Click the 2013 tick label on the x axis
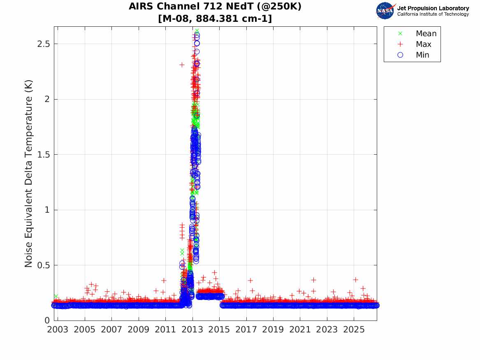click(192, 330)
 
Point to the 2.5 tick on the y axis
click(43, 44)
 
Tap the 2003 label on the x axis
click(58, 330)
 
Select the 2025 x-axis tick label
click(354, 330)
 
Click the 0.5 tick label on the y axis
click(43, 265)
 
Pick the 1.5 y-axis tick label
click(43, 155)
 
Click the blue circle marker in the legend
click(400, 55)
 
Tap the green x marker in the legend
click(400, 33)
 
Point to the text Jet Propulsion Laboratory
click(433, 8)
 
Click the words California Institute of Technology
click(433, 14)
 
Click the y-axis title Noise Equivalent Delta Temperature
click(28, 174)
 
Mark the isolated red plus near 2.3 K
click(182, 65)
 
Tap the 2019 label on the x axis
click(273, 330)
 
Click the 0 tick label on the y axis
click(47, 321)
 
